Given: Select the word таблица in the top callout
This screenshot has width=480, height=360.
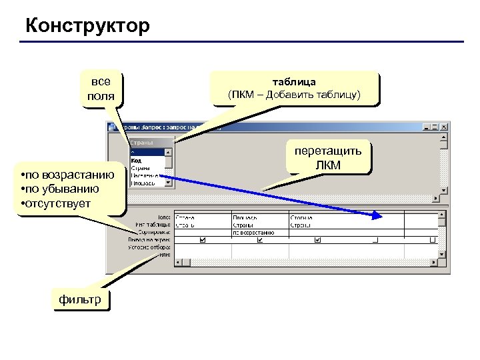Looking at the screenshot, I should (294, 81).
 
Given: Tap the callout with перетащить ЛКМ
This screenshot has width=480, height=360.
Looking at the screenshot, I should (328, 157).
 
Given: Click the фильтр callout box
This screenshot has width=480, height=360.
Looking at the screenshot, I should (80, 299).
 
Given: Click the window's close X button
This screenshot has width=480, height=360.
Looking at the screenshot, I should (446, 126).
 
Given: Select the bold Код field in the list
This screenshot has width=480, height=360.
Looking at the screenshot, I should (136, 160).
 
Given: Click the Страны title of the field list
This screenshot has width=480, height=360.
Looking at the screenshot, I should (141, 143).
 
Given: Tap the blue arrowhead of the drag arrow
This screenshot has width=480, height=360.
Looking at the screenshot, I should (377, 215).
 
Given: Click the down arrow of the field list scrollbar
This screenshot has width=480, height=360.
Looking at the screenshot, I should (169, 181).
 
